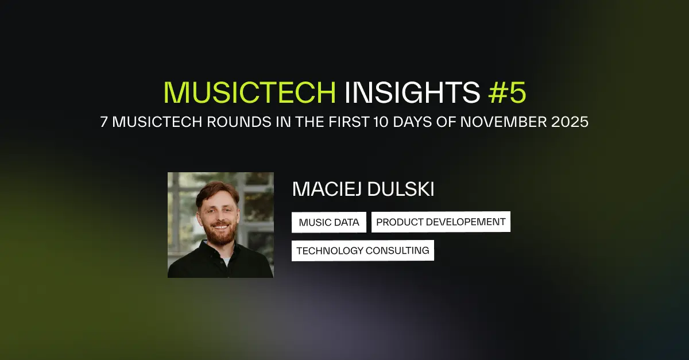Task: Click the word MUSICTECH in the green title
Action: coord(249,92)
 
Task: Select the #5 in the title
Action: coord(507,92)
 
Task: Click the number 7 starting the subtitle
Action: coord(104,123)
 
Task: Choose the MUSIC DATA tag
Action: coord(328,222)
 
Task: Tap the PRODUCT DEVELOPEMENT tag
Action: coord(440,222)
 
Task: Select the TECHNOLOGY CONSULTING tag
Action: coord(362,251)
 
